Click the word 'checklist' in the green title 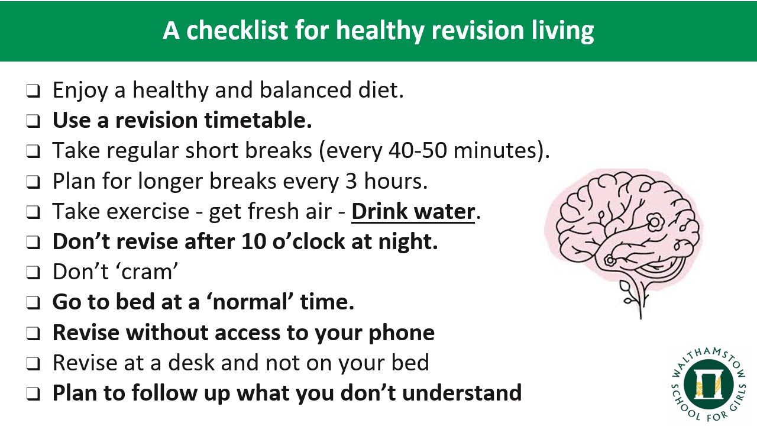[x=237, y=30]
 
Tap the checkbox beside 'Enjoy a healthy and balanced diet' [x=34, y=91]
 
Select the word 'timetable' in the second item [x=258, y=120]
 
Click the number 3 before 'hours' [x=351, y=181]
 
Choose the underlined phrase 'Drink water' [x=413, y=212]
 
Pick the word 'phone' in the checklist [x=402, y=333]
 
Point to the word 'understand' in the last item [x=462, y=393]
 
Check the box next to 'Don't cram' [x=34, y=273]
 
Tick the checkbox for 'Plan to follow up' [x=34, y=394]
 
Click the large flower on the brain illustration [x=655, y=222]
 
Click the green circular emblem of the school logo [x=709, y=385]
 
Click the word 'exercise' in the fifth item [x=148, y=212]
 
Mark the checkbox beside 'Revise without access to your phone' [x=34, y=333]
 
